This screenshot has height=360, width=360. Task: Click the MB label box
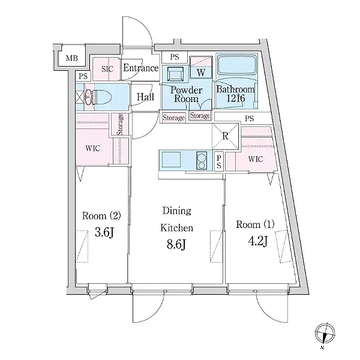[71, 58]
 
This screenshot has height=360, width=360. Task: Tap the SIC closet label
[107, 69]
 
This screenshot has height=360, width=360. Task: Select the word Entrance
[141, 68]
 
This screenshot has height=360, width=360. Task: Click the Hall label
[145, 97]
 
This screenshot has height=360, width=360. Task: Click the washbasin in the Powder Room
[175, 73]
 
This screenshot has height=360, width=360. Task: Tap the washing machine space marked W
[201, 67]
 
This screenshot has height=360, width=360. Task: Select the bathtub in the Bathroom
[237, 65]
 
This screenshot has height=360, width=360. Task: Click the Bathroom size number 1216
[236, 98]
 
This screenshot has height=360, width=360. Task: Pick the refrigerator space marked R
[226, 136]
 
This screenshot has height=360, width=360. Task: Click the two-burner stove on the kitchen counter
[202, 160]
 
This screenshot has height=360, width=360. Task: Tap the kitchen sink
[171, 160]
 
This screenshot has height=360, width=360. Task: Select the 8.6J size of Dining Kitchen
[176, 244]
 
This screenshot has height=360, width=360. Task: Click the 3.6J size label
[104, 232]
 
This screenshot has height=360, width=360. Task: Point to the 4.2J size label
[258, 241]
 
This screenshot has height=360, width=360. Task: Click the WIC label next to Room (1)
[256, 159]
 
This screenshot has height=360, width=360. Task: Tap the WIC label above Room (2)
[93, 148]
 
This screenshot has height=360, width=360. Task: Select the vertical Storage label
[119, 124]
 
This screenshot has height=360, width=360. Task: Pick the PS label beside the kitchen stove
[219, 161]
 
